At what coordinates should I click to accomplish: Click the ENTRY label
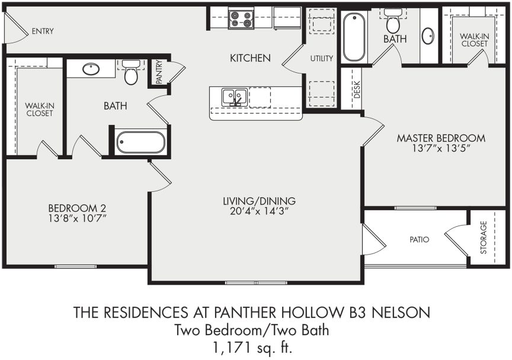[x=43, y=31]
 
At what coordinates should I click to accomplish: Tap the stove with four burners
[x=241, y=18]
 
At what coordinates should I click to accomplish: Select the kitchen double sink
[x=234, y=97]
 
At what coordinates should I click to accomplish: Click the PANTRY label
[x=159, y=72]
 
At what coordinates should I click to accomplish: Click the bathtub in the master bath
[x=354, y=37]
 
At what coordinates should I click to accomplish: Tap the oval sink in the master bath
[x=428, y=36]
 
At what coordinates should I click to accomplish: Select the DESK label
[x=356, y=89]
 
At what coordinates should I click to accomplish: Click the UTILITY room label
[x=322, y=58]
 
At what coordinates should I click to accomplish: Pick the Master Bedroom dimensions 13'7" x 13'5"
[x=440, y=149]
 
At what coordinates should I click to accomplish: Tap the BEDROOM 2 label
[x=77, y=208]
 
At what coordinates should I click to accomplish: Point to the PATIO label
[x=419, y=240]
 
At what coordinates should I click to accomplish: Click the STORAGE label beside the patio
[x=484, y=237]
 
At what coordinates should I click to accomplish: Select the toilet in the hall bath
[x=131, y=74]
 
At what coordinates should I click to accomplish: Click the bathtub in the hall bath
[x=140, y=143]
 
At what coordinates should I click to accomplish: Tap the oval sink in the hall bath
[x=91, y=69]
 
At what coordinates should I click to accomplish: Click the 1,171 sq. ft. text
[x=255, y=346]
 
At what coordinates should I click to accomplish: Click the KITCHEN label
[x=250, y=58]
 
